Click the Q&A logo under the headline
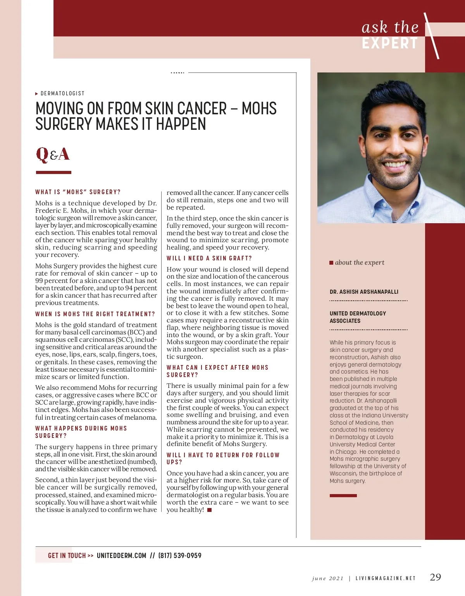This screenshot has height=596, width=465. coord(53,154)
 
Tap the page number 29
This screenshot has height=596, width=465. coord(435,577)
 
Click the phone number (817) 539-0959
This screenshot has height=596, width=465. coord(180,555)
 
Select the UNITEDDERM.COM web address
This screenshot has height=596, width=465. coord(121,555)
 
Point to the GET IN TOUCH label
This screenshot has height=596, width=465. coord(67,555)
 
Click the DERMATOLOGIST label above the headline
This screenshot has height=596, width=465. coord(62,93)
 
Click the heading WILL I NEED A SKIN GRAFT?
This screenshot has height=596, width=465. coord(209,258)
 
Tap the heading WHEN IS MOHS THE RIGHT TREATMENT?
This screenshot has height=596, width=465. coord(95,314)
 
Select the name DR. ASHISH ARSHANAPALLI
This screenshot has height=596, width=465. coord(364,292)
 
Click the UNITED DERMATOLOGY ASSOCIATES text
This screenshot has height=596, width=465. coord(358,317)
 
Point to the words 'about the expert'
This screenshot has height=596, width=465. coord(360,262)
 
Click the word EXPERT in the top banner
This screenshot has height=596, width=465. coord(390,43)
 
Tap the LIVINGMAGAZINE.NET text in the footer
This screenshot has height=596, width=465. coord(386,578)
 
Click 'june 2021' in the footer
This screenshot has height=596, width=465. coord(327,578)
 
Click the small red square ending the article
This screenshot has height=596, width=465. coord(210,510)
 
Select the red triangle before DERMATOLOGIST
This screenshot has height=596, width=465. coord(37,94)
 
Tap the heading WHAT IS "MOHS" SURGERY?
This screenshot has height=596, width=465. coord(78,192)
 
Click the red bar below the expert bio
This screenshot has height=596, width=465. coord(343,496)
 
